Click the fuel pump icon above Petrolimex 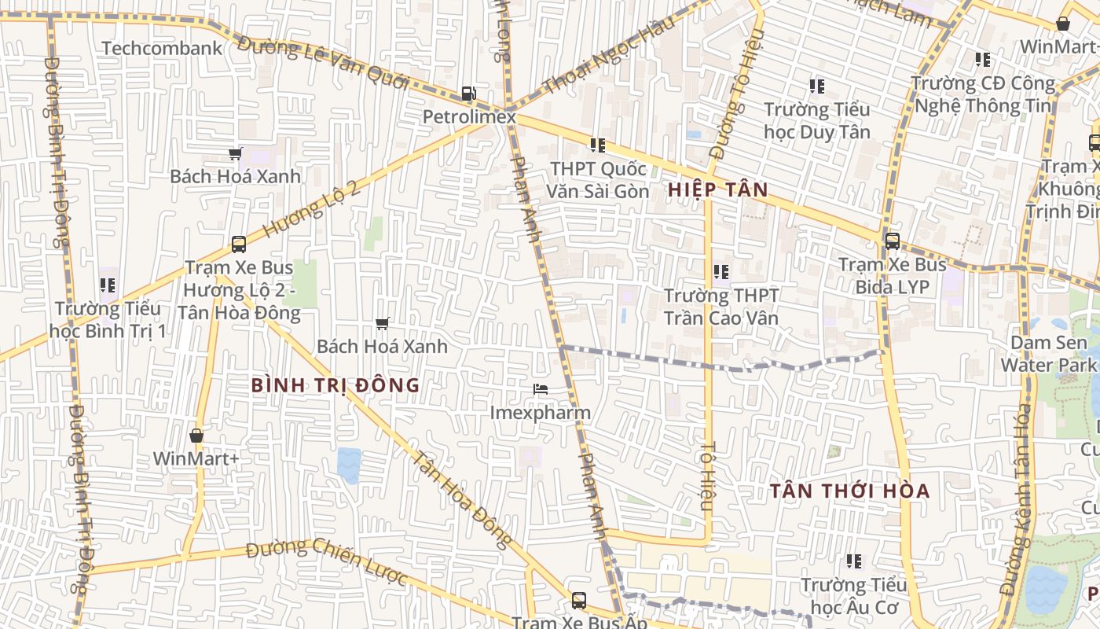(468, 94)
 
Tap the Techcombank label (163, 48)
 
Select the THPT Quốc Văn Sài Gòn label (599, 180)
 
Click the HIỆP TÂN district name (717, 189)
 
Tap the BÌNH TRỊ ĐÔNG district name (335, 385)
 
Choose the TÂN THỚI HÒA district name (849, 491)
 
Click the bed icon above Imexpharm (540, 389)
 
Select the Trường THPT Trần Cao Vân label (721, 307)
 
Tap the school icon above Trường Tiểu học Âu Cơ (854, 561)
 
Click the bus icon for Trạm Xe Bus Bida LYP (892, 241)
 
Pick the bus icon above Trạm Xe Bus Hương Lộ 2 (239, 245)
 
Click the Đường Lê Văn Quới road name (323, 62)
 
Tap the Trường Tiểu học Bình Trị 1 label (108, 319)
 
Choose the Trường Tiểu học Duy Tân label (817, 120)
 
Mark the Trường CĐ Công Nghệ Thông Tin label (983, 94)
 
